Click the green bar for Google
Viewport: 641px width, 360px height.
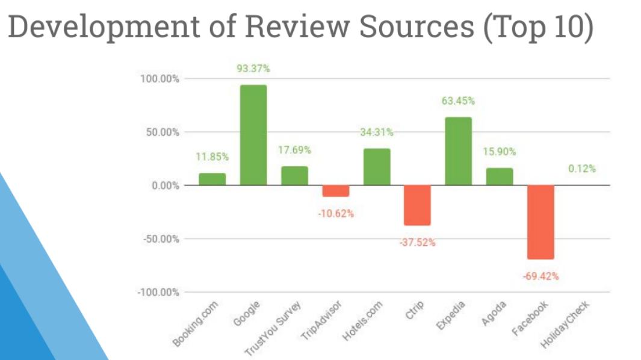click(253, 135)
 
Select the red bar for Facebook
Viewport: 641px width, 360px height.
click(540, 222)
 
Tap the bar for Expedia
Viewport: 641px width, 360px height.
click(458, 151)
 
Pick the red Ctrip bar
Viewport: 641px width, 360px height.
click(417, 205)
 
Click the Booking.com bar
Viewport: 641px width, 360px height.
click(212, 179)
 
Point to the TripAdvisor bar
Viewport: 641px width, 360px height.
click(335, 191)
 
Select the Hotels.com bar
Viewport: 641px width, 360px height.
click(376, 167)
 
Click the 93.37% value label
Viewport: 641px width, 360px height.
click(253, 69)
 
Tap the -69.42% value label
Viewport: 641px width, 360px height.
click(540, 276)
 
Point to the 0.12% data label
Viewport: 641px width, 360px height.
click(581, 169)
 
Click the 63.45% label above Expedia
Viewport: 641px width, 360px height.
click(458, 101)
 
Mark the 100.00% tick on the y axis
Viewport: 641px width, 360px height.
click(160, 79)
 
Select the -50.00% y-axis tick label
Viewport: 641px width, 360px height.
click(160, 239)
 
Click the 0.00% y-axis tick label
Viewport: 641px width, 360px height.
click(164, 185)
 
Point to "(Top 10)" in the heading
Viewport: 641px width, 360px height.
click(537, 28)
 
